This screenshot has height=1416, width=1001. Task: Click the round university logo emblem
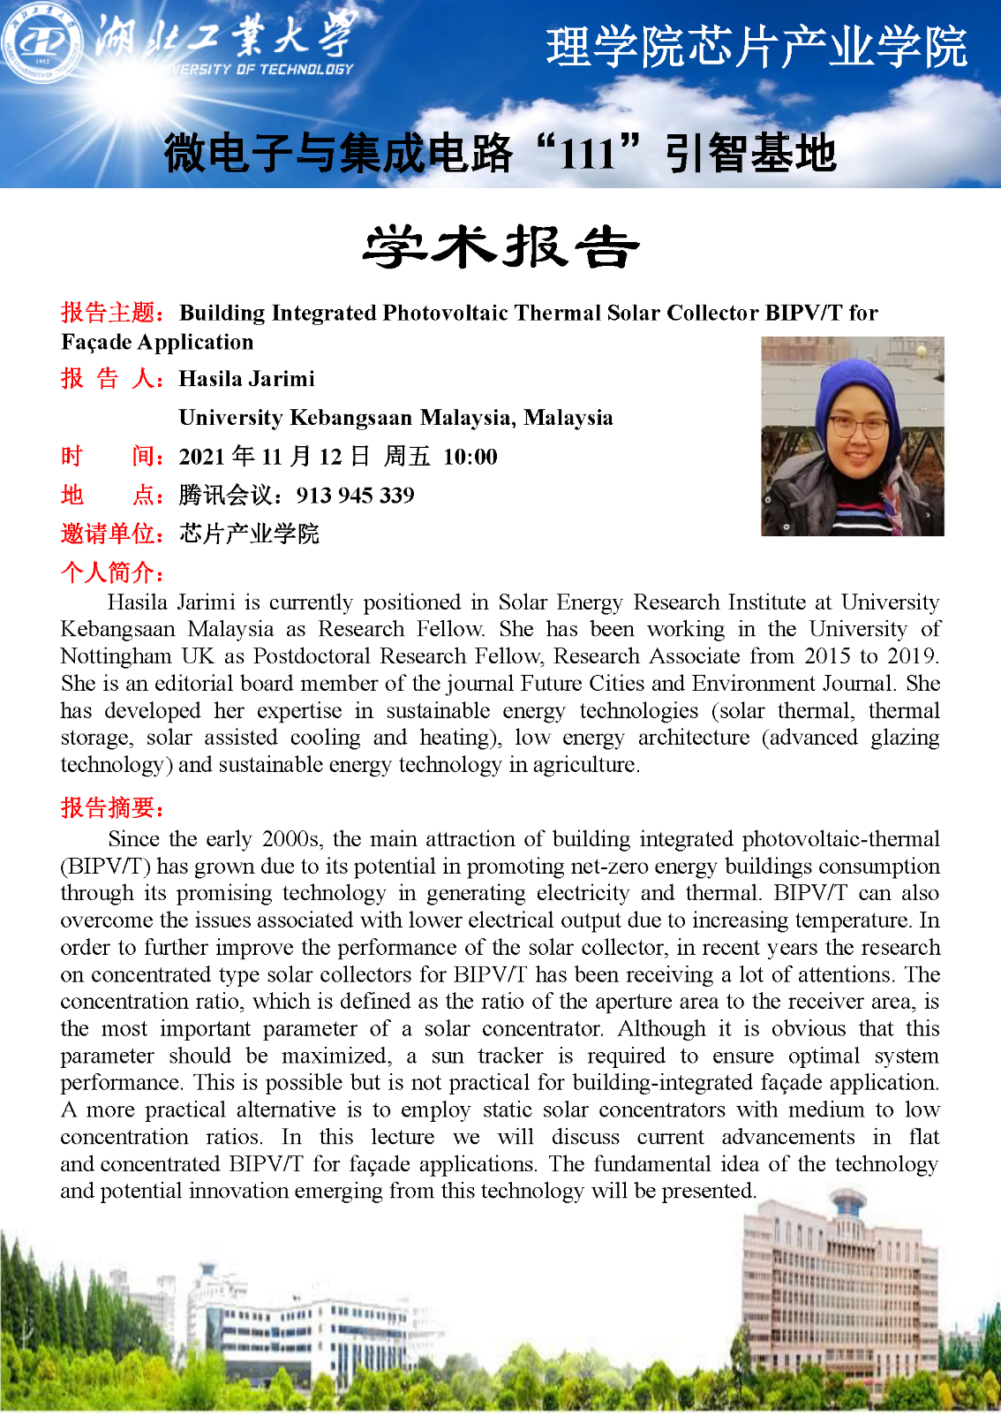pyautogui.click(x=43, y=42)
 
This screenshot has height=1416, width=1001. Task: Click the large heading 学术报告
pyautogui.click(x=500, y=246)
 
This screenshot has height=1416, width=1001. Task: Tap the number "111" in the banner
pyautogui.click(x=587, y=154)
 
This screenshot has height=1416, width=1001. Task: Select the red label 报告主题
pyautogui.click(x=109, y=313)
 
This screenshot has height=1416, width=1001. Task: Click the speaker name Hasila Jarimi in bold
pyautogui.click(x=246, y=379)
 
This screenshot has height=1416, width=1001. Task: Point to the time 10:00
pyautogui.click(x=470, y=457)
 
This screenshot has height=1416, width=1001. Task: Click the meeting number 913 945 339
pyautogui.click(x=355, y=496)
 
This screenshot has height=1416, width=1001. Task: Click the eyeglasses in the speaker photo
pyautogui.click(x=857, y=428)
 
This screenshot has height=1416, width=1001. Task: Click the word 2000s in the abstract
pyautogui.click(x=290, y=839)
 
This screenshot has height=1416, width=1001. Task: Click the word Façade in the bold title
pyautogui.click(x=96, y=342)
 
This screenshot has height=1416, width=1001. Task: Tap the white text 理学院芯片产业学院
pyautogui.click(x=756, y=48)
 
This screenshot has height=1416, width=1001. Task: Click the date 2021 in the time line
pyautogui.click(x=202, y=457)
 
